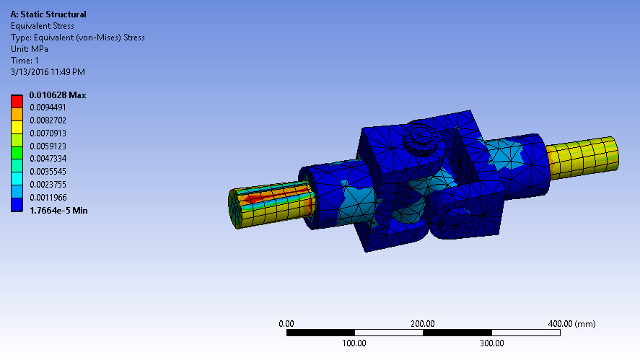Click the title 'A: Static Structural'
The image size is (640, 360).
tap(48, 14)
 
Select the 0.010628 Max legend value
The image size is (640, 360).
tap(58, 95)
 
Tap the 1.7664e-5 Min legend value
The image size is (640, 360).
tap(58, 211)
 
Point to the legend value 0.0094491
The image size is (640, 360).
tap(48, 107)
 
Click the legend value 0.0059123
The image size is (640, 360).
tap(48, 146)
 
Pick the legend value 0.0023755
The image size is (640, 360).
tap(48, 185)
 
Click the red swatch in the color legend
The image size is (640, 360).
tap(17, 101)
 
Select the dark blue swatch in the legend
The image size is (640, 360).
tap(17, 204)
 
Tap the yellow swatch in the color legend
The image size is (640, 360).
tap(17, 128)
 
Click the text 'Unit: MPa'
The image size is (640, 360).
tap(30, 49)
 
